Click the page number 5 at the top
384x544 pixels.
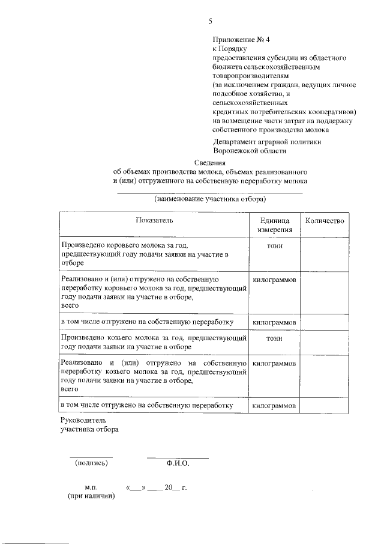point(211,21)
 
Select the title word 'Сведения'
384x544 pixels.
point(210,162)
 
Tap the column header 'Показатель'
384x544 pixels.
point(154,220)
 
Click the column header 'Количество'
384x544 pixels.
point(324,220)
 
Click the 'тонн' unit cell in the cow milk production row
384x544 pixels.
point(275,246)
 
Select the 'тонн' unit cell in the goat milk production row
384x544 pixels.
point(275,338)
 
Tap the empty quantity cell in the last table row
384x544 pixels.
point(324,406)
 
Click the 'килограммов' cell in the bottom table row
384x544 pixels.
point(275,406)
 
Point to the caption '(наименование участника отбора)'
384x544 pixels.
point(209,198)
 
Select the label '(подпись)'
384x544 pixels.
point(91,463)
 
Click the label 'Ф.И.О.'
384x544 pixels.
point(178,463)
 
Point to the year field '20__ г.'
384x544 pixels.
point(176,487)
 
